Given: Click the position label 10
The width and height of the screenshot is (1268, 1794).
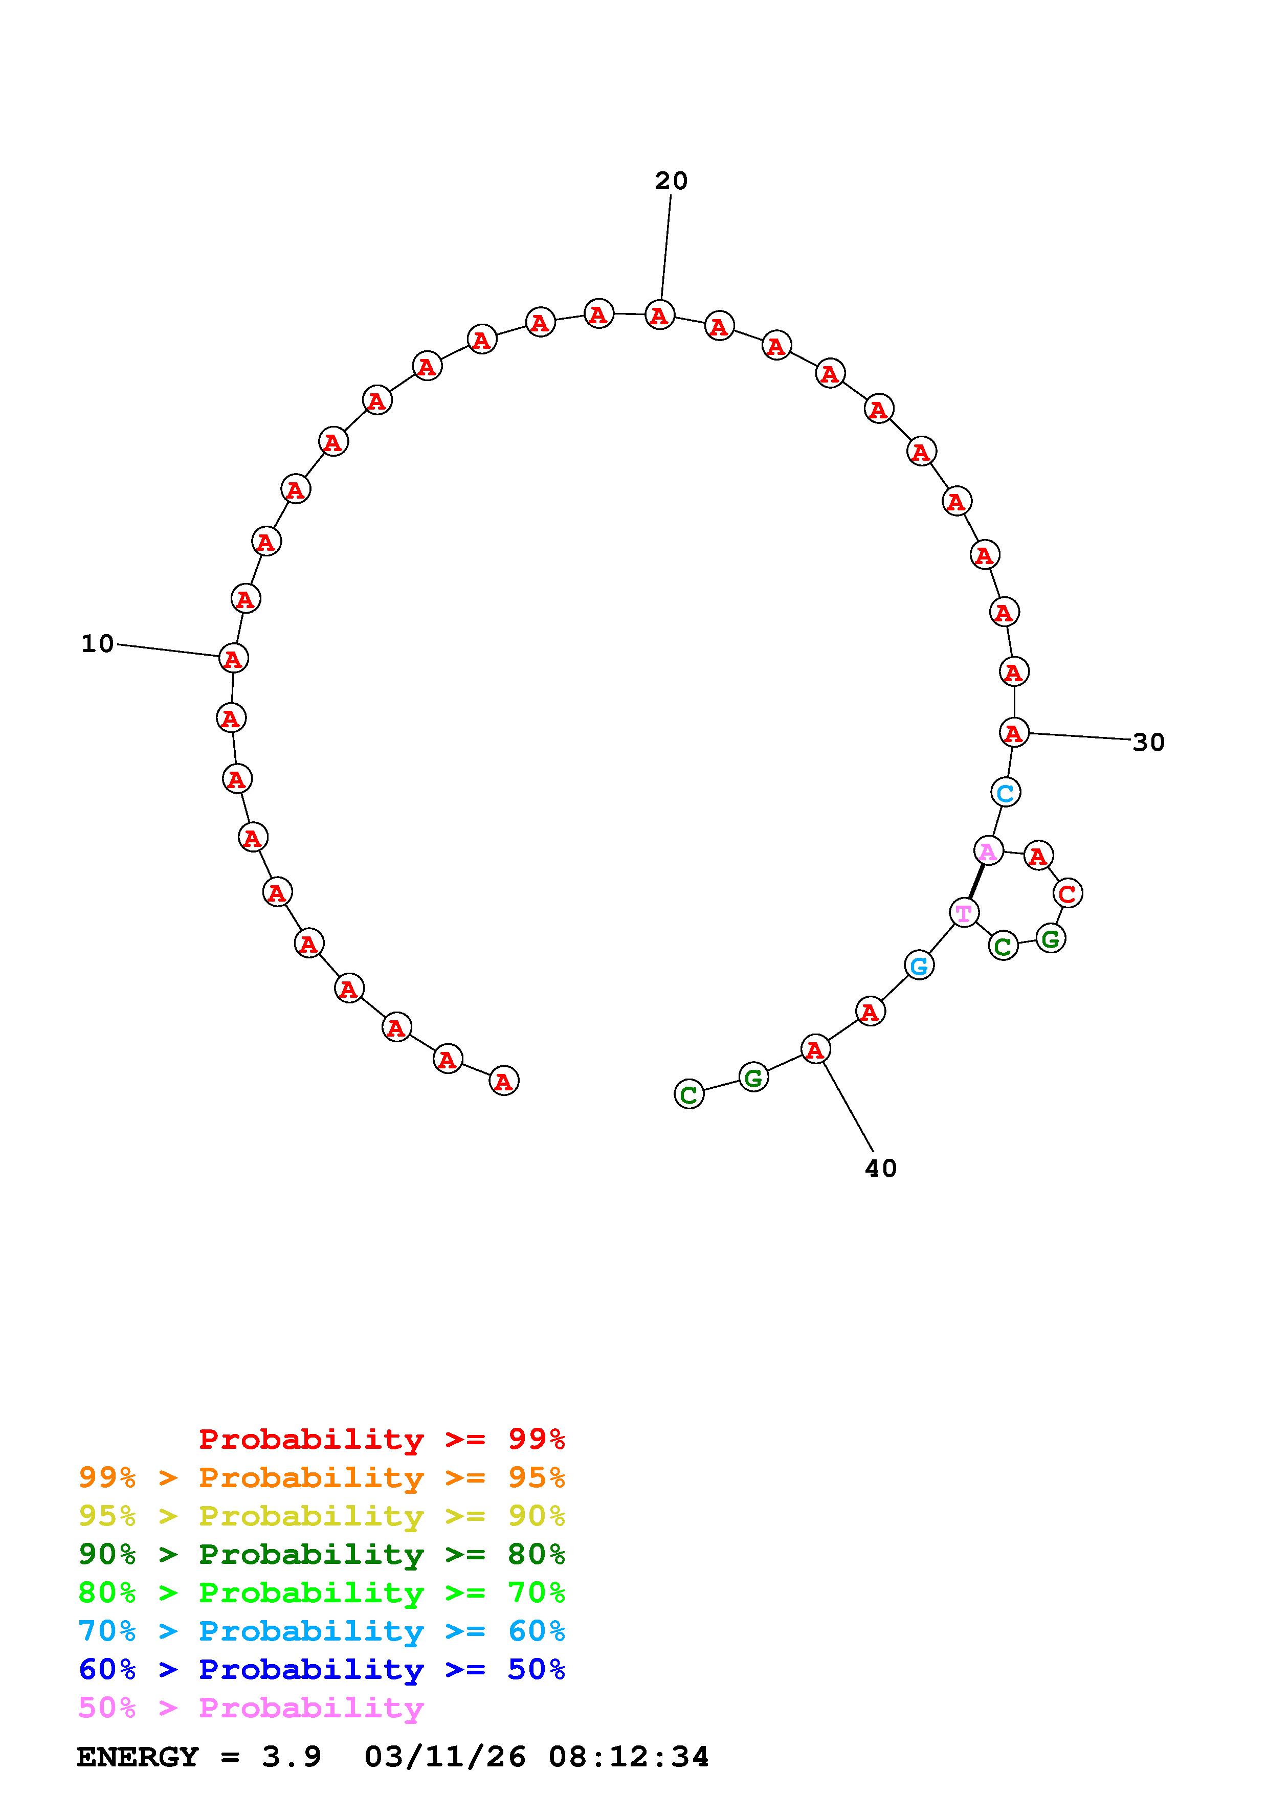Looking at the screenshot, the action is click(x=98, y=644).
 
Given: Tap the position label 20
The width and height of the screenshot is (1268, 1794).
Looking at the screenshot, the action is click(x=671, y=181).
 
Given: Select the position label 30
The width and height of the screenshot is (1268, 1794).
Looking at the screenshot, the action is click(x=1148, y=742).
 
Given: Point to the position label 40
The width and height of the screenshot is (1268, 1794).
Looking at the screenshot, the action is click(x=881, y=1168).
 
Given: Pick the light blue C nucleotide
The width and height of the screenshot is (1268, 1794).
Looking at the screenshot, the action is click(x=1006, y=792).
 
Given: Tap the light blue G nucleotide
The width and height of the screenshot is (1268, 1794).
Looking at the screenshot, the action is click(x=920, y=966).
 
